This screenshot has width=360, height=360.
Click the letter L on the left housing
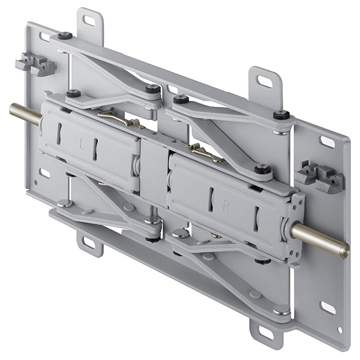(81, 146)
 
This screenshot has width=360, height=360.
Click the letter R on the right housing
(226, 208)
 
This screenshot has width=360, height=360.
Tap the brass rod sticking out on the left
(26, 113)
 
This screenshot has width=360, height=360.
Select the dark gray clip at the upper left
(35, 64)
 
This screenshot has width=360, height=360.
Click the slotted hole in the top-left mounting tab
(88, 20)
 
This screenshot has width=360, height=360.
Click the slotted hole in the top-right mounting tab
(264, 80)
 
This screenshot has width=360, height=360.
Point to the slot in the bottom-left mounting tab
(89, 243)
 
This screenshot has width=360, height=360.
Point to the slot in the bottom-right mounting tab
(265, 332)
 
